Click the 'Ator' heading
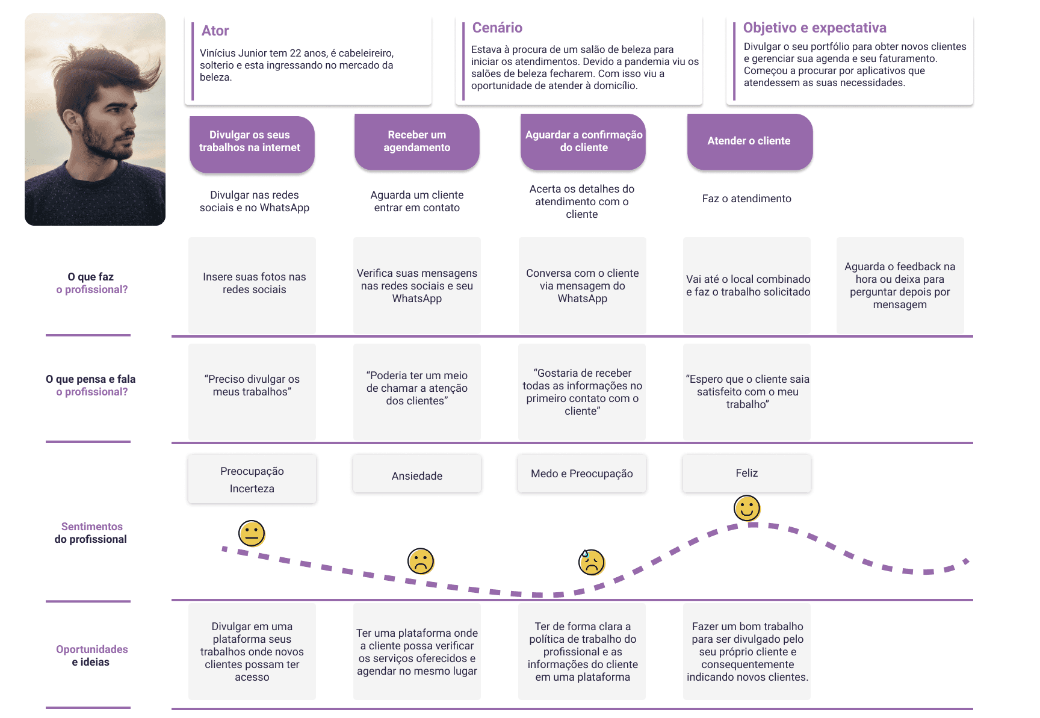pos(215,31)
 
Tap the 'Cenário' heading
pos(497,28)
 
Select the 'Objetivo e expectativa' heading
pos(814,28)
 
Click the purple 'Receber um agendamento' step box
pos(416,142)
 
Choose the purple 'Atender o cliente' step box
pos(749,141)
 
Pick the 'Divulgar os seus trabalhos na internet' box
pos(252,143)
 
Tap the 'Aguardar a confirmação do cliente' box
pos(583,141)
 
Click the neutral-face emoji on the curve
pos(252,533)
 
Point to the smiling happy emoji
pos(747,509)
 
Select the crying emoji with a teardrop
pos(591,562)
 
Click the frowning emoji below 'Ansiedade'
pos(421,561)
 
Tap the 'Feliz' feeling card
pos(746,473)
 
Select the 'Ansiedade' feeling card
pos(416,475)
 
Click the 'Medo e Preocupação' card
pos(581,474)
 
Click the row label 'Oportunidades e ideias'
pos(91,655)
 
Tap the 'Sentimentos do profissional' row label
pos(91,533)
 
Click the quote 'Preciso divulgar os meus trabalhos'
pos(252,386)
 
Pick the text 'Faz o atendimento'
pos(746,199)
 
